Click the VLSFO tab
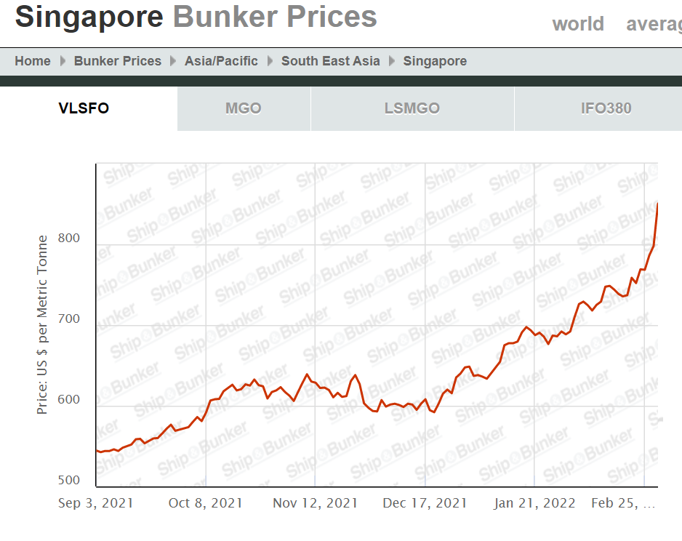(84, 109)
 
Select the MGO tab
(244, 109)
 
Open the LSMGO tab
(412, 109)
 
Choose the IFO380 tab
(606, 109)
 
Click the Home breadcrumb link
(33, 61)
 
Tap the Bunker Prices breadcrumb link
(118, 61)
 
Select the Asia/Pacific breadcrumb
(221, 61)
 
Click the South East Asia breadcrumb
(331, 61)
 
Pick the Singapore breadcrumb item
(435, 61)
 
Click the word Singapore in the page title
(89, 17)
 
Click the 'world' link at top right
(578, 24)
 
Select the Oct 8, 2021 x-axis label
(206, 503)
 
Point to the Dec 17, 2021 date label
(425, 503)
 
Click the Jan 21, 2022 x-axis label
(534, 503)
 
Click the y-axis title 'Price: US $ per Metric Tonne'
(43, 325)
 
